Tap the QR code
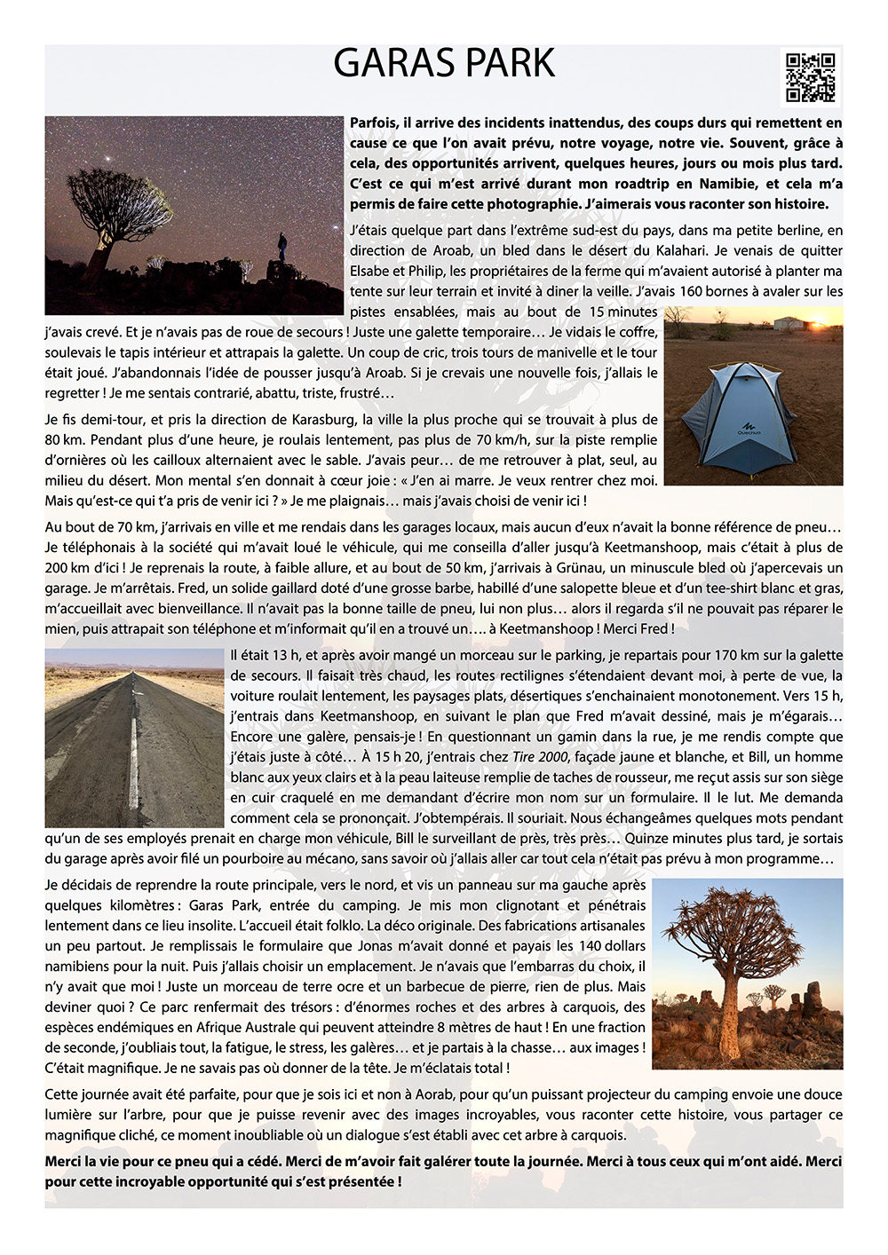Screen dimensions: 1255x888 [811, 77]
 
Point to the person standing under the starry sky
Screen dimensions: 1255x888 [281, 246]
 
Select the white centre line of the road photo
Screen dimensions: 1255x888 [134, 754]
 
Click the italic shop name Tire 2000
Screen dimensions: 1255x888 [540, 757]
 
